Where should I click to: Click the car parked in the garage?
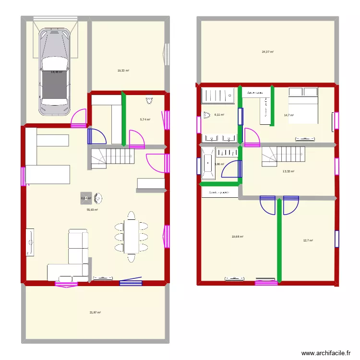pos(54,72)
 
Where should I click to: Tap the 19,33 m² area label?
pos(123,71)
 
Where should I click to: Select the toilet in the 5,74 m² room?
pos(149,101)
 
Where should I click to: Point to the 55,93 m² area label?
pos(92,210)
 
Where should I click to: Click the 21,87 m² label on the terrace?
pos(95,312)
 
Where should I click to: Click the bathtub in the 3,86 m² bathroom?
pos(208,164)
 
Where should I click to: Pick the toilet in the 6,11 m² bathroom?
pos(207,115)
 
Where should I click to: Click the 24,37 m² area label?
pos(267,52)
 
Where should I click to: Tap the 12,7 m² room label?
pos(308,240)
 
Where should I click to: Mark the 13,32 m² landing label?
pos(288,171)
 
